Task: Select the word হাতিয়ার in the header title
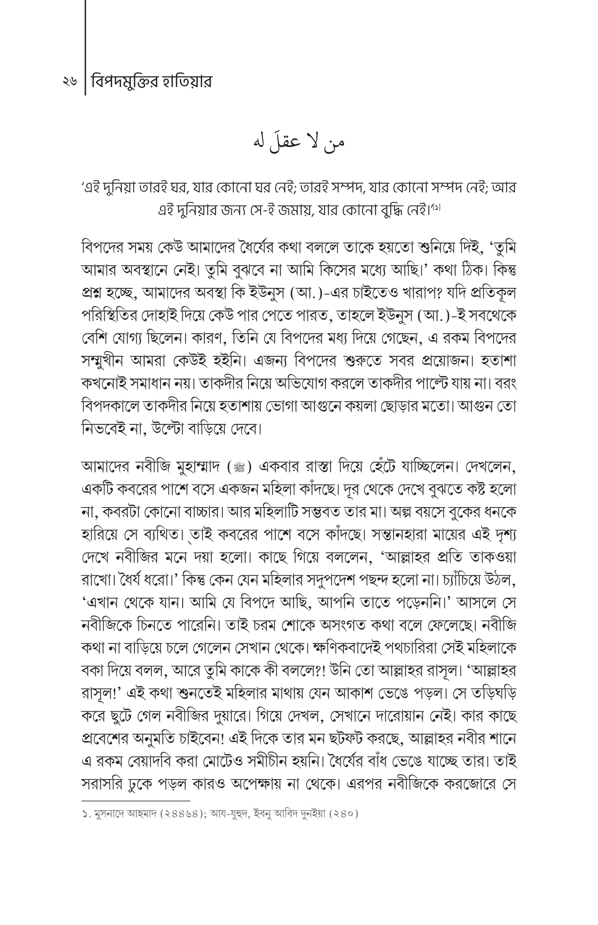186,82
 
